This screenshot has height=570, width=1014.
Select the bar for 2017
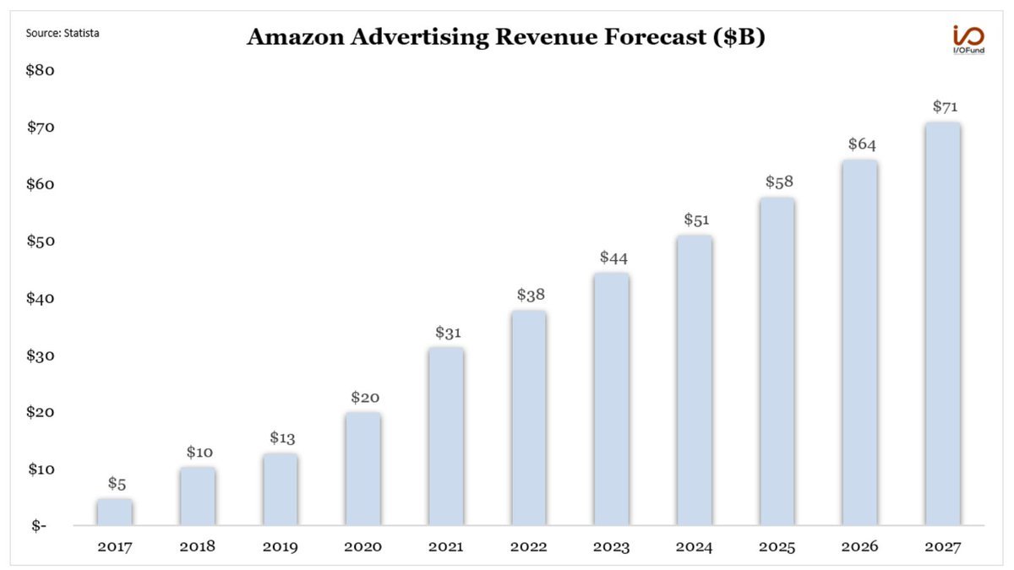[114, 513]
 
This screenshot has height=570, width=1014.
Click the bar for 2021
[445, 437]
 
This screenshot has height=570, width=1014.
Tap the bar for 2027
[942, 324]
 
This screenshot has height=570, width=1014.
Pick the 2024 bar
[694, 381]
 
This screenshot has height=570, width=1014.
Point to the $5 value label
[117, 484]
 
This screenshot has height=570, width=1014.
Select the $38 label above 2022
[531, 296]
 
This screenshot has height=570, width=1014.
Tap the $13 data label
[282, 438]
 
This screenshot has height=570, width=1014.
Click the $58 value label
[779, 182]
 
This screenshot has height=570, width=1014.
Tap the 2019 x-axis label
[280, 547]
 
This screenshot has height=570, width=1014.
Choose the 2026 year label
[859, 547]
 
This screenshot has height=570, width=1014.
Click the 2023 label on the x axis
[611, 547]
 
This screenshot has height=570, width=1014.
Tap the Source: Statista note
[57, 34]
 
